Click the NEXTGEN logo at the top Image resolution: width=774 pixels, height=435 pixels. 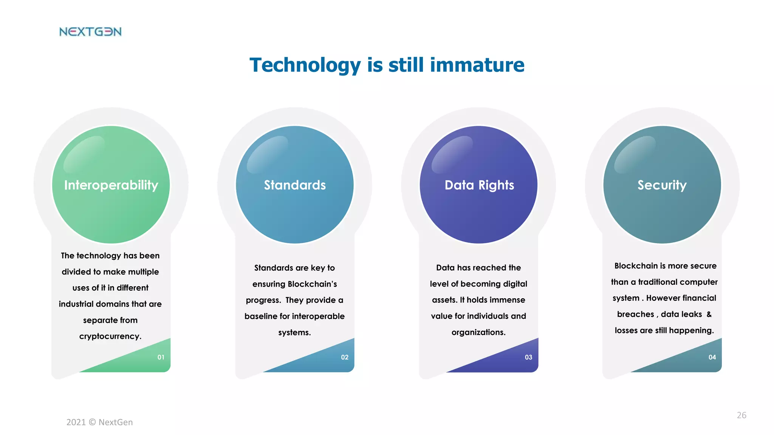[90, 32]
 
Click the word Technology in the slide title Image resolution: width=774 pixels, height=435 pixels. [305, 65]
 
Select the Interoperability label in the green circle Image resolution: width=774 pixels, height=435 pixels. [111, 185]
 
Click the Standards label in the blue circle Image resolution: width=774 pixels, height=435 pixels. [295, 185]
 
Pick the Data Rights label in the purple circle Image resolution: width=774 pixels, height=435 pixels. [479, 185]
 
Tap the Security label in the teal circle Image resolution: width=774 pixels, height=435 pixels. [662, 185]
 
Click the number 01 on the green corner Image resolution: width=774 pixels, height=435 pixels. [161, 357]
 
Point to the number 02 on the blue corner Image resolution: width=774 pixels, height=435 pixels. [345, 357]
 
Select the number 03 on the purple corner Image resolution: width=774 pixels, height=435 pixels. [528, 357]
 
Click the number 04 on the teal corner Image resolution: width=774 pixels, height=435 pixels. [712, 357]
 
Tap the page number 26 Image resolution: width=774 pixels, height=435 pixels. [741, 415]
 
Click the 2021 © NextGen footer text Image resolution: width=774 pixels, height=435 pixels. [99, 422]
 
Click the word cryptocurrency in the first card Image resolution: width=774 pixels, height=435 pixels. [110, 336]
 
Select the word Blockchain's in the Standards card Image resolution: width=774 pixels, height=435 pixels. [312, 284]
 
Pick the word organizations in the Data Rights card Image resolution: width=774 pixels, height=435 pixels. [478, 332]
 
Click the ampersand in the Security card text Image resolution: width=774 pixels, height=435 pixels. [709, 314]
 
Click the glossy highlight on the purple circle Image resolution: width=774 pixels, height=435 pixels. [452, 154]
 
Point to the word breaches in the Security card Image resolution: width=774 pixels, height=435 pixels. [635, 315]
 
